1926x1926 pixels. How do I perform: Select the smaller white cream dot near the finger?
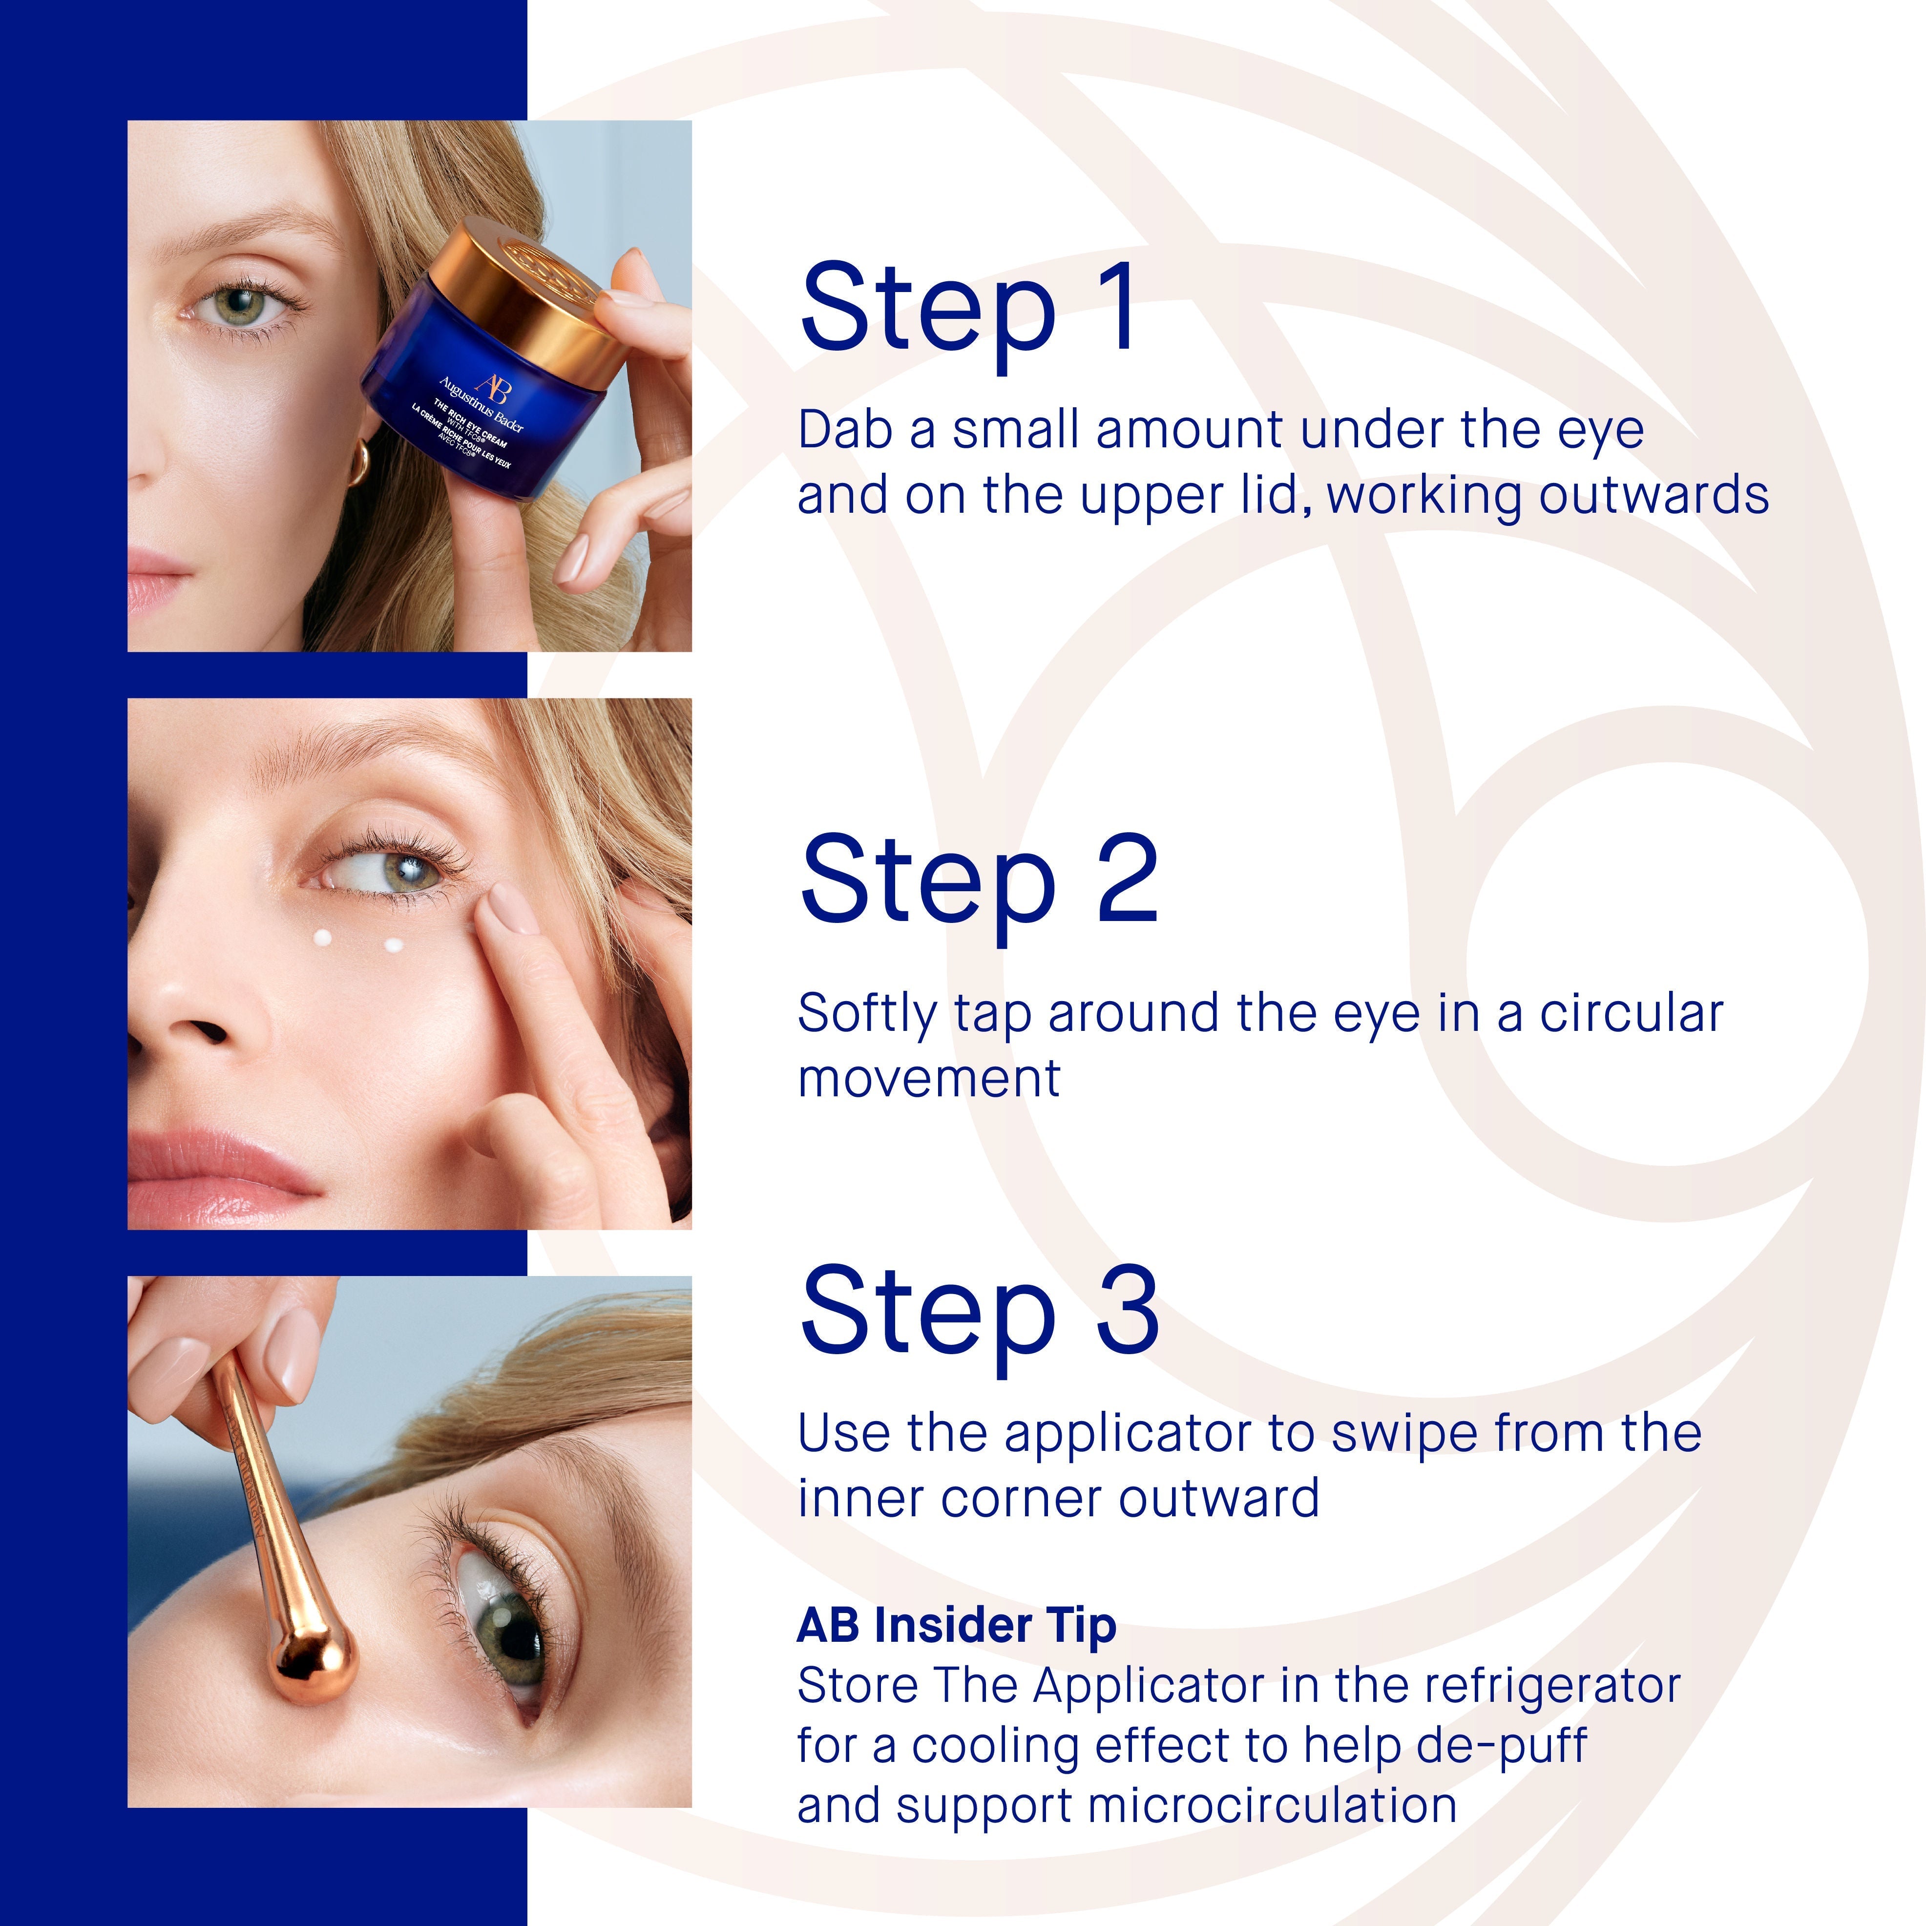(x=394, y=945)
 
